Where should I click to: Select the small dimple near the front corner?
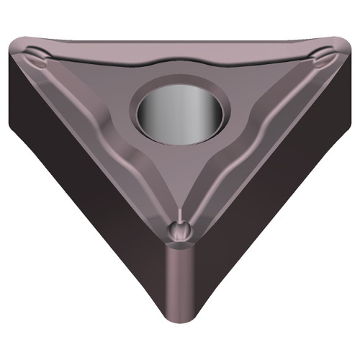tap(180, 230)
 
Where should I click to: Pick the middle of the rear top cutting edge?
tap(180, 42)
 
